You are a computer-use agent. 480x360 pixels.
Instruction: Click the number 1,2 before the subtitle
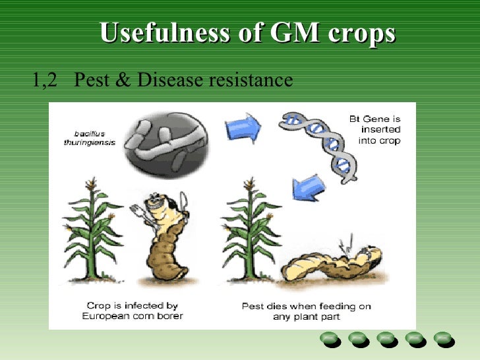(x=45, y=80)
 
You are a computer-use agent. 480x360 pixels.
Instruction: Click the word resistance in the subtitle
(x=250, y=80)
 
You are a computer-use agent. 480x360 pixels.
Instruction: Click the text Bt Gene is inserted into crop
(x=375, y=130)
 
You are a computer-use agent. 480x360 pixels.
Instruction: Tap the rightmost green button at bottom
(x=442, y=338)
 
